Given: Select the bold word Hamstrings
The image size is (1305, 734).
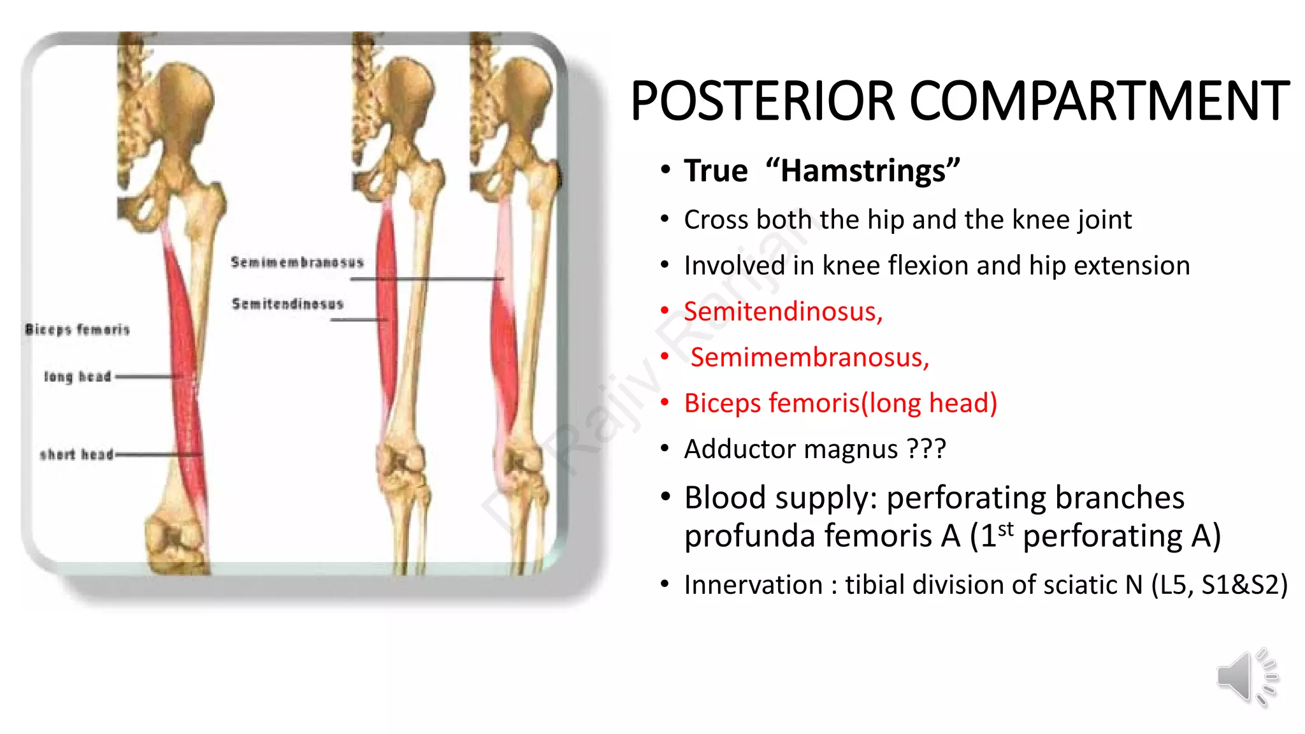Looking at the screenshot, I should coord(863,171).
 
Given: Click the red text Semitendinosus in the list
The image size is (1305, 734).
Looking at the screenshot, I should coord(782,312).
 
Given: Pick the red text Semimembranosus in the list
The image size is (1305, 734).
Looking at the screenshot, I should coord(809,357).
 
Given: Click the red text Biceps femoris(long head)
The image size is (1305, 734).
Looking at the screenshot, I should coord(840,403).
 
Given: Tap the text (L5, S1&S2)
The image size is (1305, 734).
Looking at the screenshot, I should coord(1219,585).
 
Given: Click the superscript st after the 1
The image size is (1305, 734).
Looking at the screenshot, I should coord(1006,528).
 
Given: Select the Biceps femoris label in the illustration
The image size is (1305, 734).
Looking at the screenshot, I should coord(77,329).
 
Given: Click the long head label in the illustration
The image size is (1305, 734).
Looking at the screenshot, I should coord(77,377).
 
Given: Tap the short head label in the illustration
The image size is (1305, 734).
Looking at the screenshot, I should coord(76,454).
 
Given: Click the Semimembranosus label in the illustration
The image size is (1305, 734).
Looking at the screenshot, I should coord(297,263).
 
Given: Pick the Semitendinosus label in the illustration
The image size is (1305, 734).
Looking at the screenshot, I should coord(287,304).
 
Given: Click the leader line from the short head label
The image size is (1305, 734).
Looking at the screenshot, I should coord(156,454).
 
